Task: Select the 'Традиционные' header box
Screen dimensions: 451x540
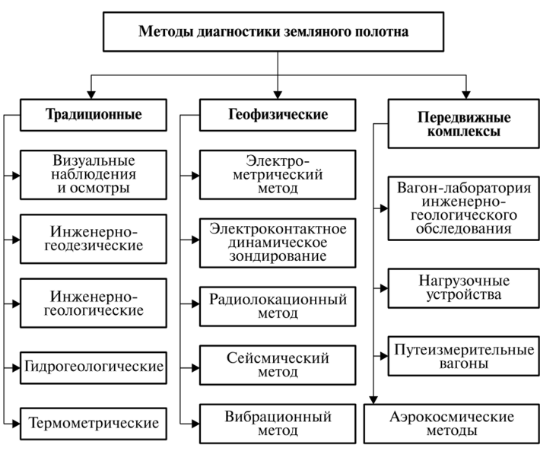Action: point(94,116)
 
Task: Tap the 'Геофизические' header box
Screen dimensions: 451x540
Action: point(278,116)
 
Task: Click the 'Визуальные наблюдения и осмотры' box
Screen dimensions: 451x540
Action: point(94,174)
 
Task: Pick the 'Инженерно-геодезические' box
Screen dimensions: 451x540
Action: point(94,237)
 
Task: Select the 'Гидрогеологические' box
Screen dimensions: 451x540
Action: point(94,367)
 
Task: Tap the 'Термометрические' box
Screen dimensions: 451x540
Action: point(94,422)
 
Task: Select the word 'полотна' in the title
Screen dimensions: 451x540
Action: point(381,33)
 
